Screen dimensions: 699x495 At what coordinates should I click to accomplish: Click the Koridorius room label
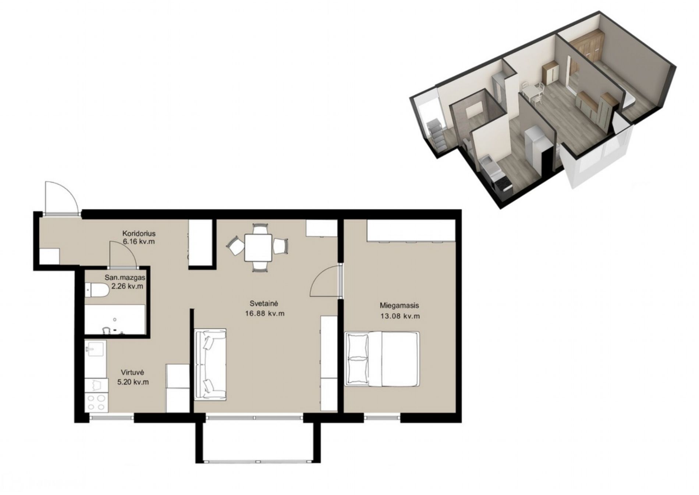coord(139,234)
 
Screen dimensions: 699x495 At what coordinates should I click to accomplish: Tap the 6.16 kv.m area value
coord(139,242)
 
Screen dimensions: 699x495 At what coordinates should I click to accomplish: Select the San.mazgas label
coord(127,278)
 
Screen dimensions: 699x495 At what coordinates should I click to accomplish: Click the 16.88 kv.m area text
coord(265,314)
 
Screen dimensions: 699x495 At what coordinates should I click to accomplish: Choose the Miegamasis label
coord(399,305)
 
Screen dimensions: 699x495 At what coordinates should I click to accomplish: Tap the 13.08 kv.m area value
coord(400,316)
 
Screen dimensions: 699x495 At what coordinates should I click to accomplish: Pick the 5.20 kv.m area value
coord(133,382)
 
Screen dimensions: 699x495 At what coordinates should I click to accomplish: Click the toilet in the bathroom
coord(97,290)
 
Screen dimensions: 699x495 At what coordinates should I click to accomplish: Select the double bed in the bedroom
coord(382,359)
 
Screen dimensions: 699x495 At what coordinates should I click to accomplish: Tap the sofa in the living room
coord(210,365)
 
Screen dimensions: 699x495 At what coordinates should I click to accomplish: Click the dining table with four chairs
coord(258,247)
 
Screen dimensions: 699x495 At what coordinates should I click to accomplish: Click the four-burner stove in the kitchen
coord(96,403)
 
